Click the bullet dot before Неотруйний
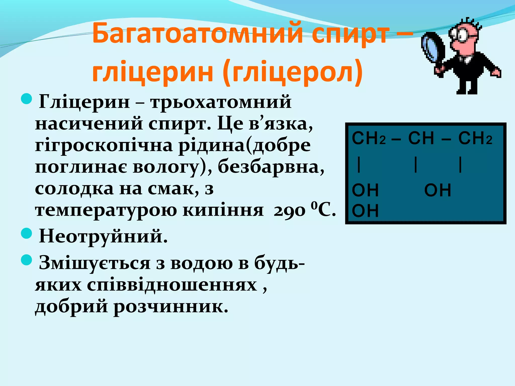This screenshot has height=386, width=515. coord(26,233)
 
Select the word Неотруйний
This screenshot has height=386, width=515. coord(103,236)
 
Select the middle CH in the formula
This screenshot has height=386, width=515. coord(421,138)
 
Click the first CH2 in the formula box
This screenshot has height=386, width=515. coord(369,138)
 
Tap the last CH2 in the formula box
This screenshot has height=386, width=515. coord(475,138)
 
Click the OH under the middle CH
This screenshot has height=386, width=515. coord(438,190)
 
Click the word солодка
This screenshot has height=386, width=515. coord(74,188)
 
